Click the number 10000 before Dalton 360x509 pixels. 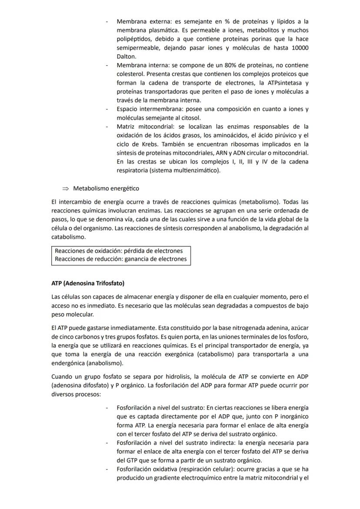(x=300, y=48)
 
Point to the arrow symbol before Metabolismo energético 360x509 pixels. (x=66, y=188)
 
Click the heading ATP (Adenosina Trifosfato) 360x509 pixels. (x=88, y=283)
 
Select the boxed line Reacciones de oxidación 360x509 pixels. (x=119, y=251)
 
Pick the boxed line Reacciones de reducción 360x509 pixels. (x=120, y=259)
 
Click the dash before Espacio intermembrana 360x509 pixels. (x=107, y=109)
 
